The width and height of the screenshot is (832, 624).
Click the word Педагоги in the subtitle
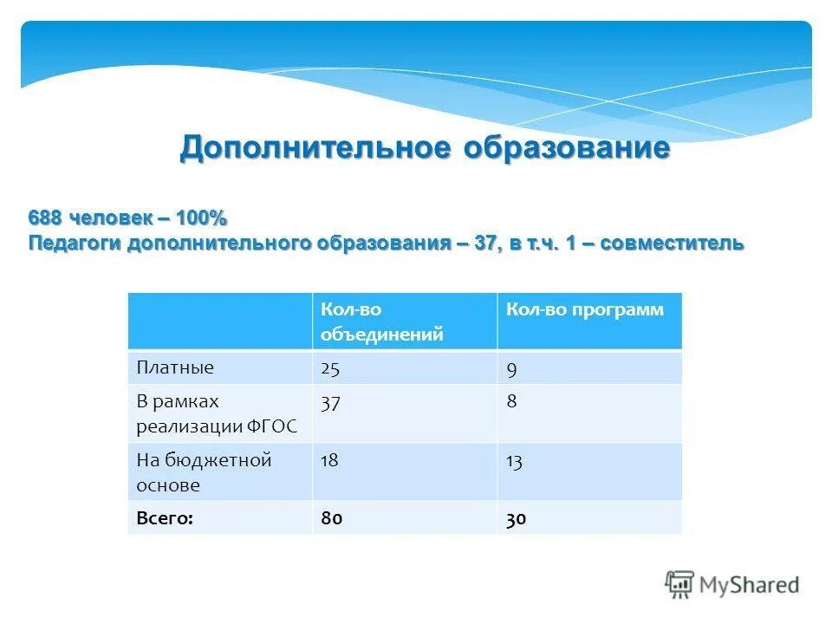[75, 243]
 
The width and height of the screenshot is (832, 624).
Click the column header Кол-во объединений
[381, 322]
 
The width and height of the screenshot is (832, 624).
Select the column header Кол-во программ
[585, 310]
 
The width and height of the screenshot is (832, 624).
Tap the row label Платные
[175, 367]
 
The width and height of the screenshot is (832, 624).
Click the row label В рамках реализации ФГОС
[216, 414]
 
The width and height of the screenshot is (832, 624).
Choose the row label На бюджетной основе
[204, 472]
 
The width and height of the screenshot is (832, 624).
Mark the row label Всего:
[165, 518]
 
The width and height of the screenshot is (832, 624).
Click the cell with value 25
[330, 368]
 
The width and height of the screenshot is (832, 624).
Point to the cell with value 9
[512, 368]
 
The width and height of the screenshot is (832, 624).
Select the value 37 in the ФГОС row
[330, 403]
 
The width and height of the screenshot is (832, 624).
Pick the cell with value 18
[329, 461]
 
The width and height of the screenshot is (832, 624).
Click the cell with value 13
[514, 461]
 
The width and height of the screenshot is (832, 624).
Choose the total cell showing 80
[332, 518]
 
